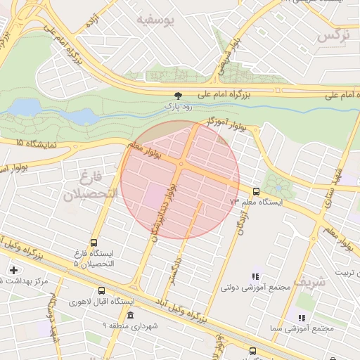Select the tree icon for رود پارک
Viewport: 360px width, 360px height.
click(178, 95)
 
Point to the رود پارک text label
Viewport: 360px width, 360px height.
click(178, 106)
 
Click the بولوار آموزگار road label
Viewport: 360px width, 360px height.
click(229, 122)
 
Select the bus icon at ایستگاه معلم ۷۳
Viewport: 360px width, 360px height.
click(255, 191)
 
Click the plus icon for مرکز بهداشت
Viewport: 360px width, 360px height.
click(14, 270)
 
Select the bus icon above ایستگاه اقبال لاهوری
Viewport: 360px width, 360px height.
click(102, 290)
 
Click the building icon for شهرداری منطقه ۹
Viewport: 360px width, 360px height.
click(129, 314)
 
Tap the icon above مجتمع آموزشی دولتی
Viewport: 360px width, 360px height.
click(255, 276)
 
